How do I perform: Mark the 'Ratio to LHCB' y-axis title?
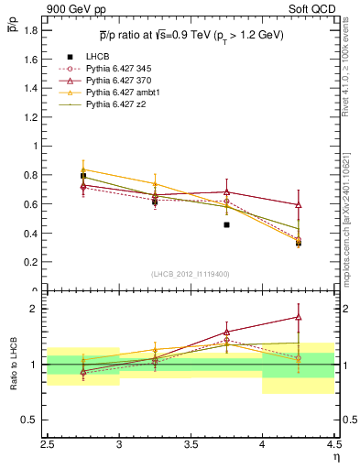[13, 365]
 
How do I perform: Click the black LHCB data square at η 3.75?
[226, 224]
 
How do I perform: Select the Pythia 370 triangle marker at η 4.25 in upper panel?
[298, 205]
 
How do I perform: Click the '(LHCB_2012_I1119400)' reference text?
[190, 274]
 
